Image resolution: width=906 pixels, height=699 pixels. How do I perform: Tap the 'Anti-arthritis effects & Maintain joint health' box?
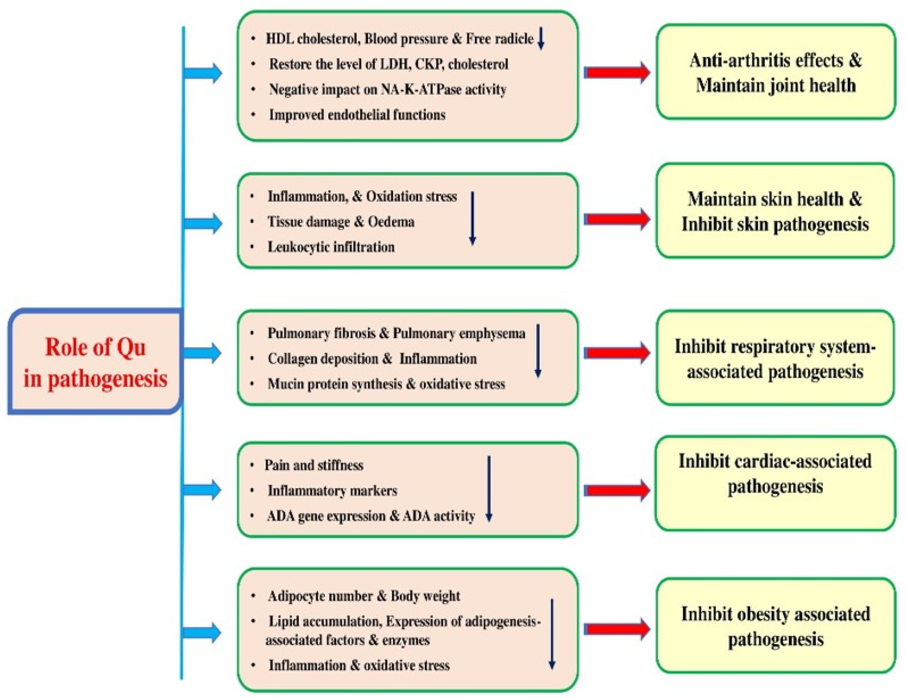click(775, 72)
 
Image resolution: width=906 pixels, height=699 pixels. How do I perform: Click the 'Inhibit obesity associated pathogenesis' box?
click(775, 626)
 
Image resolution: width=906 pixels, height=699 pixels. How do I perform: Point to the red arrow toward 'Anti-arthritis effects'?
click(617, 72)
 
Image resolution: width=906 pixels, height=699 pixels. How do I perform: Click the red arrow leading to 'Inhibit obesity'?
click(617, 629)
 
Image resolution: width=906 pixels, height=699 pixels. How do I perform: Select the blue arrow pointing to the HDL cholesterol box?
click(203, 73)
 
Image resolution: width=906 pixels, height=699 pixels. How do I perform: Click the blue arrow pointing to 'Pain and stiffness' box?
click(203, 490)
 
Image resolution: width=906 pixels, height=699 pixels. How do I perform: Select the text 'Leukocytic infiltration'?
click(331, 247)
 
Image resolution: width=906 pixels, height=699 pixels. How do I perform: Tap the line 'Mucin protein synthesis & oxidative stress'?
click(386, 384)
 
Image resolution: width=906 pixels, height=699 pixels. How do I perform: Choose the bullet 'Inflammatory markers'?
click(332, 491)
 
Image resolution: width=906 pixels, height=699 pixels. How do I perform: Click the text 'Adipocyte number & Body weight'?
click(364, 596)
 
